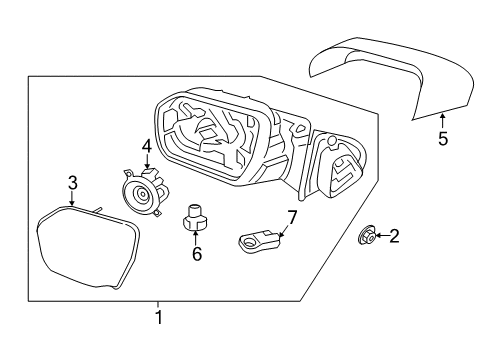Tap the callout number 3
click(x=71, y=182)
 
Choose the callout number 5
click(x=442, y=138)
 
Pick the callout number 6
click(x=196, y=254)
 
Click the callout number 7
click(x=292, y=216)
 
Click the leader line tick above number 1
click(x=157, y=303)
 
